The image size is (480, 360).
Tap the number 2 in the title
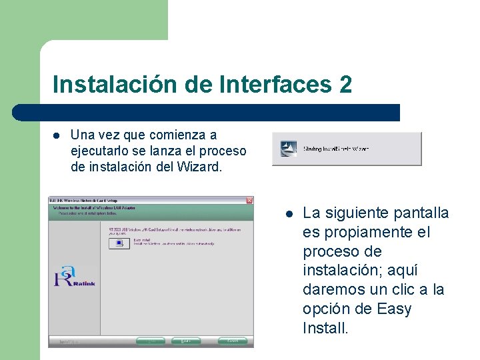coord(345,85)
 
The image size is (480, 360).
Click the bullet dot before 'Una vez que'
coord(57,135)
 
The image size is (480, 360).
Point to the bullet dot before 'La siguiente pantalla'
coord(289,213)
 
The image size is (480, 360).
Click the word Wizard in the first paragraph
coord(199,167)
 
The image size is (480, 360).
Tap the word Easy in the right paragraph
coord(395,309)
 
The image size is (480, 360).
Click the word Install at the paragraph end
coord(325,329)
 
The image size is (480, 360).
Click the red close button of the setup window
coord(249,200)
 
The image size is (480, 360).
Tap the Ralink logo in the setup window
coord(75,276)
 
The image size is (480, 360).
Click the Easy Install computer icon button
coord(119,243)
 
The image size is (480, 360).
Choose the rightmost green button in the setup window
coord(231,341)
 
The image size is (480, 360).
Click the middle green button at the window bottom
coord(185,341)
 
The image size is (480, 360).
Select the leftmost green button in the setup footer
coord(151,341)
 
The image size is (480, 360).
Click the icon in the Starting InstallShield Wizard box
coord(288,149)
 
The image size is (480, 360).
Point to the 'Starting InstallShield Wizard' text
coord(335,149)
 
